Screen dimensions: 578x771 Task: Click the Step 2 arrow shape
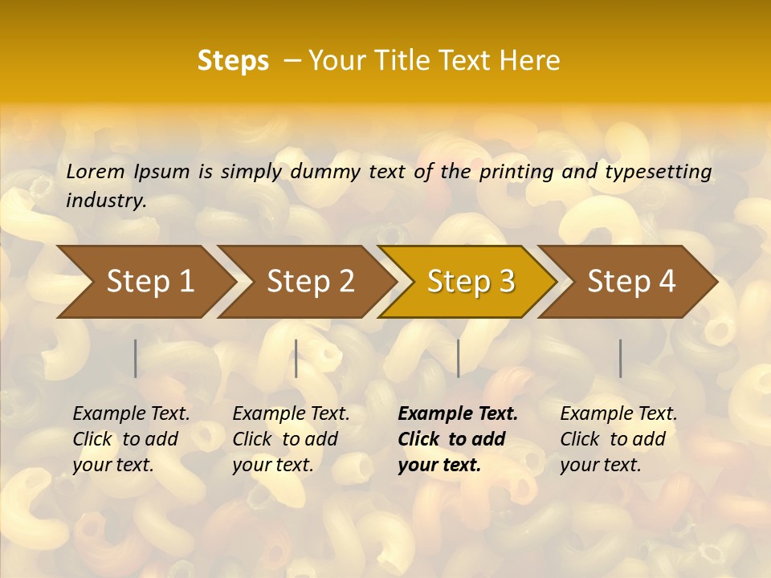pyautogui.click(x=310, y=282)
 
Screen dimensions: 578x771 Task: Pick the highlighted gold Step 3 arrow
pyautogui.click(x=471, y=282)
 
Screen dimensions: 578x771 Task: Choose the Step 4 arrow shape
pyautogui.click(x=631, y=282)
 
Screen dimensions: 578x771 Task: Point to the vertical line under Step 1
pyautogui.click(x=136, y=358)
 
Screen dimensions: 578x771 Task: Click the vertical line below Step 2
pyautogui.click(x=296, y=358)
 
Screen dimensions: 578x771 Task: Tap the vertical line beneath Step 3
pyautogui.click(x=458, y=358)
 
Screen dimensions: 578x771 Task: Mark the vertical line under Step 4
pyautogui.click(x=621, y=358)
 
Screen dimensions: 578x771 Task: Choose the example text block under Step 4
pyautogui.click(x=618, y=439)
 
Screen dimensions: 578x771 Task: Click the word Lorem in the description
pyautogui.click(x=96, y=172)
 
